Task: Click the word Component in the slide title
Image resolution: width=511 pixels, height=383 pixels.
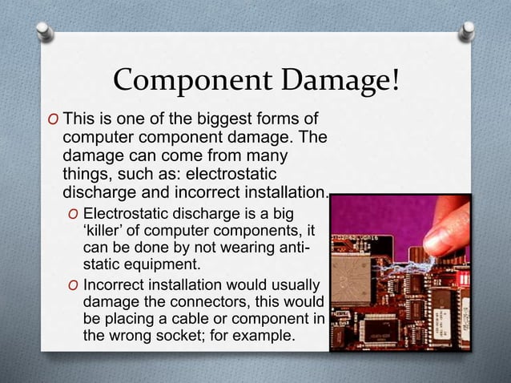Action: pyautogui.click(x=187, y=82)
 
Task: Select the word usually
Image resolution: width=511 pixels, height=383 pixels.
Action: pyautogui.click(x=291, y=286)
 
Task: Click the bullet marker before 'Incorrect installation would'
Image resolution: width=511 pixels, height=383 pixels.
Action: pyautogui.click(x=74, y=287)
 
